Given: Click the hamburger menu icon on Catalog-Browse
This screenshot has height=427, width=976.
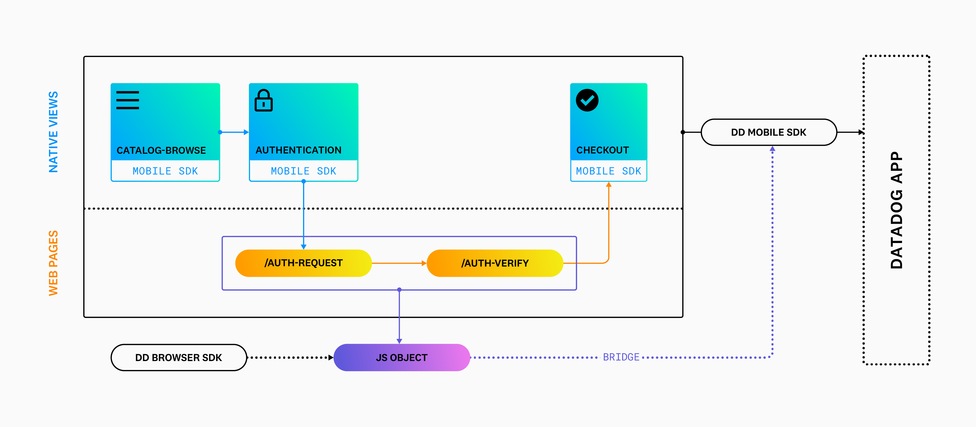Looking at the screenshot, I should (127, 100).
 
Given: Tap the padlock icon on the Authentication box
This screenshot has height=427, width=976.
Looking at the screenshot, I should (263, 101).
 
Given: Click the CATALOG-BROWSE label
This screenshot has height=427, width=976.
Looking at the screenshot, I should (161, 150).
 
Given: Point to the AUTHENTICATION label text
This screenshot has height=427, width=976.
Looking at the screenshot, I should (298, 150).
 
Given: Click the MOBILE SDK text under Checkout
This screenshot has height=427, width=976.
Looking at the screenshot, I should (608, 171).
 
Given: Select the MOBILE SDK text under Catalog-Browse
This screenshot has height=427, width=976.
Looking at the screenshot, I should (165, 171).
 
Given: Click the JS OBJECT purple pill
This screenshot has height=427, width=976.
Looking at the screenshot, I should (401, 357).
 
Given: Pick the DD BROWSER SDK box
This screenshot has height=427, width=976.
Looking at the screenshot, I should (178, 357).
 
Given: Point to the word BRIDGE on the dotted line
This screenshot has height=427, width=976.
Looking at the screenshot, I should (621, 357).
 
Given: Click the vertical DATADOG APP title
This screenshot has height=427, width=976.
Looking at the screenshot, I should (896, 210).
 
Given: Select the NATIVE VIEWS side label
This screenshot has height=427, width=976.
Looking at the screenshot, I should (53, 132).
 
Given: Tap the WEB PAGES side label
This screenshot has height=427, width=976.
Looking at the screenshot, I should (53, 263).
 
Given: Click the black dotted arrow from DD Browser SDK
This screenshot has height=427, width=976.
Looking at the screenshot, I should (290, 357).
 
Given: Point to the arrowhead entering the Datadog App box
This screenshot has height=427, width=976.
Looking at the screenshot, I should (860, 132).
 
